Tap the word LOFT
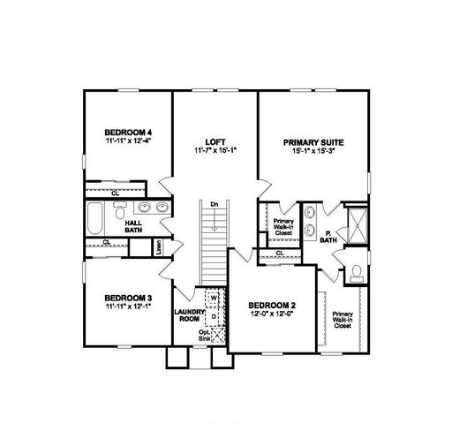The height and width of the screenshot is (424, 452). [x=215, y=142]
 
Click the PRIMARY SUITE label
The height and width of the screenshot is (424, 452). [x=313, y=142]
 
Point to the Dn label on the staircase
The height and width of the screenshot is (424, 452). [x=213, y=205]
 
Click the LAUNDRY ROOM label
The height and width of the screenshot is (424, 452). [x=190, y=314]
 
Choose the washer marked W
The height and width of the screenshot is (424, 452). [x=213, y=298]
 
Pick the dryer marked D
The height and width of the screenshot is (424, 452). [x=213, y=314]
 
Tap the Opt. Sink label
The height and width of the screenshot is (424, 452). [x=204, y=336]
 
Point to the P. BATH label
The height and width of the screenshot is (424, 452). [x=328, y=238]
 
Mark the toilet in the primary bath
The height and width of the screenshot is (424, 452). [x=355, y=271]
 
